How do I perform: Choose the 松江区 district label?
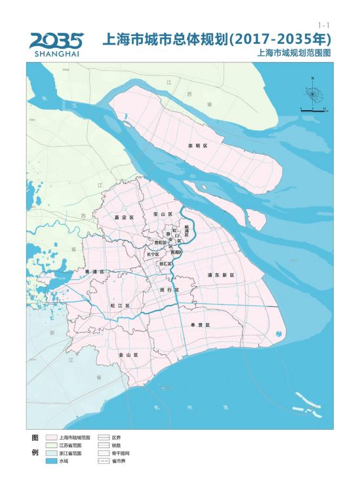120,305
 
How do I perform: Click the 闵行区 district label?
169,289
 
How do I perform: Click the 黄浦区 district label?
176,252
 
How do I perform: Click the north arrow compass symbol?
313,96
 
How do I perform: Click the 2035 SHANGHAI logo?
56,44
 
